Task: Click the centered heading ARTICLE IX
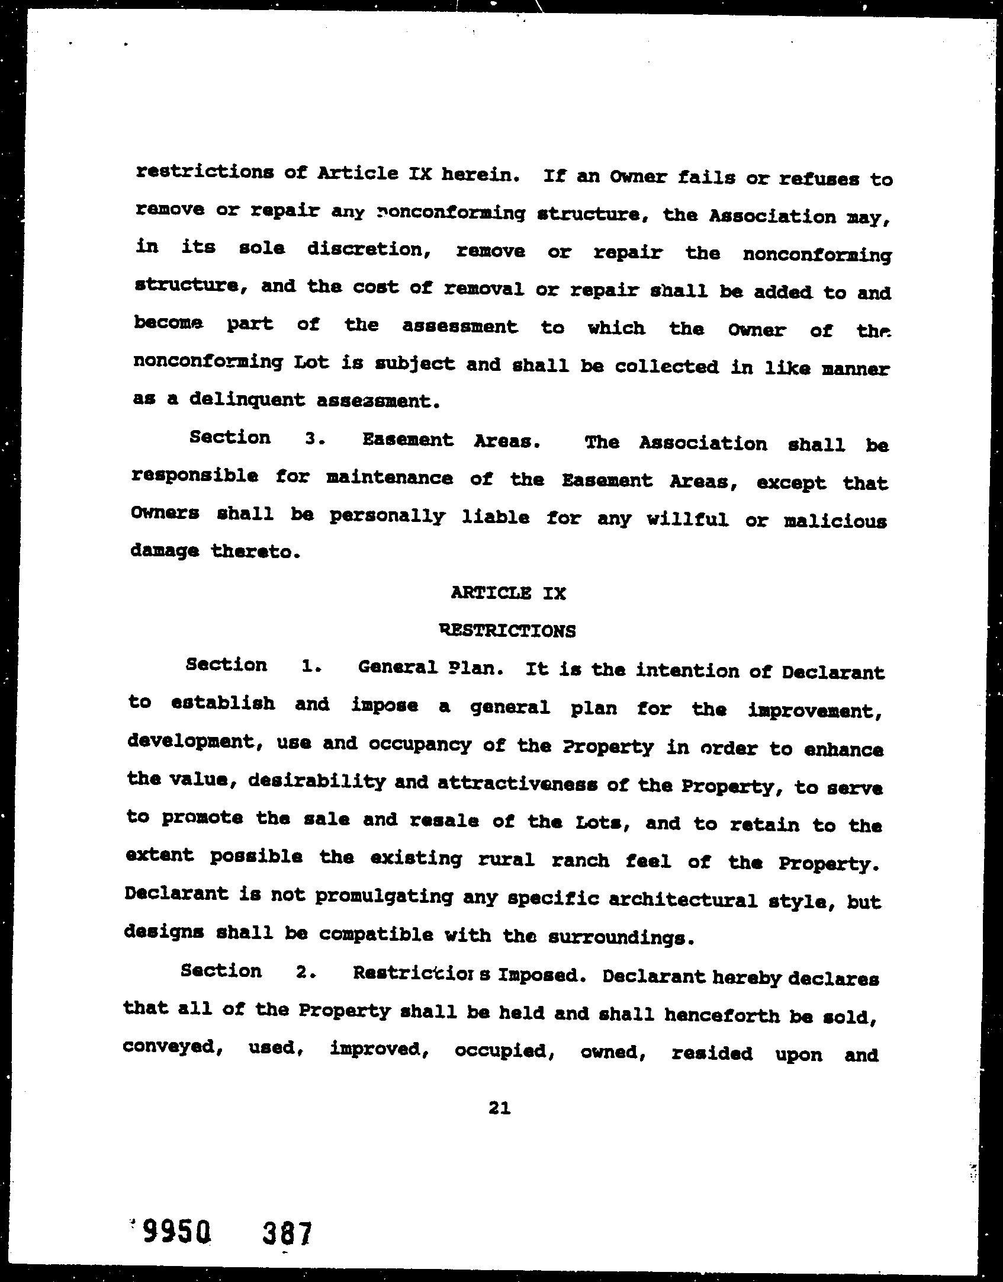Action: click(508, 593)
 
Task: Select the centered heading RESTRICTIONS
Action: click(508, 630)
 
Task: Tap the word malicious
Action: click(835, 521)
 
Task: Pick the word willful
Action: click(687, 520)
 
